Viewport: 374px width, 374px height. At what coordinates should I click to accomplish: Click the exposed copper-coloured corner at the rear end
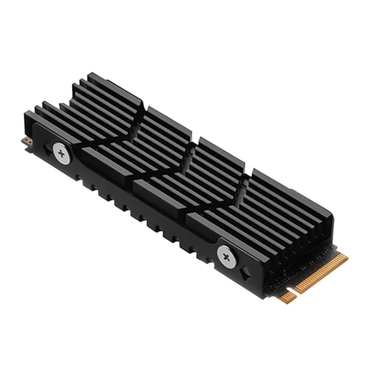point(25,141)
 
